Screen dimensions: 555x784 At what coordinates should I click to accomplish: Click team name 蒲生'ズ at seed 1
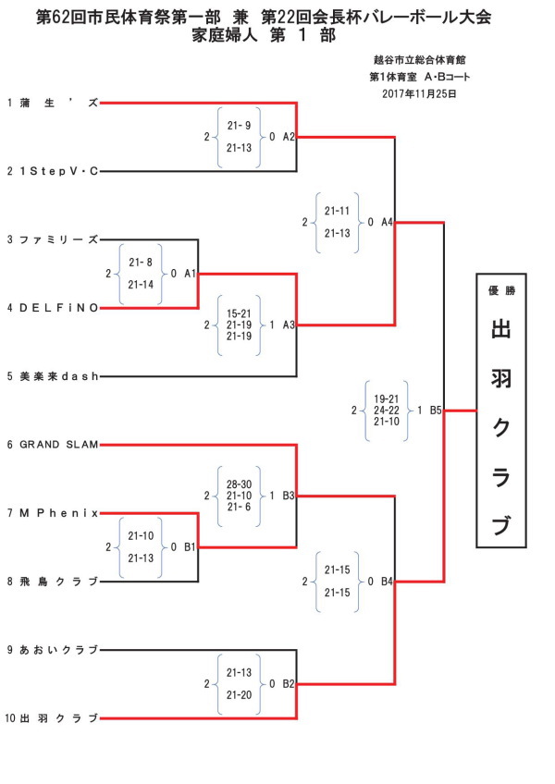[58, 103]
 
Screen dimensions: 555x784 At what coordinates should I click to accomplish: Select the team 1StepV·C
[58, 172]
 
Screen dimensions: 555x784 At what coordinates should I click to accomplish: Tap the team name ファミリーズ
[58, 240]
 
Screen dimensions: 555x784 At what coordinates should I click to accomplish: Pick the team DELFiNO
[58, 308]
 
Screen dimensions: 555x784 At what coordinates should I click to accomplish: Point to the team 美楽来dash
[58, 376]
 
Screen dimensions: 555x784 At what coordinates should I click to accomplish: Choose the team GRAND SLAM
[58, 445]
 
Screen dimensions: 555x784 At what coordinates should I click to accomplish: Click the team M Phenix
[58, 513]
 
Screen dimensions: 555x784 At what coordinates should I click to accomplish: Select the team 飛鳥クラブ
[58, 582]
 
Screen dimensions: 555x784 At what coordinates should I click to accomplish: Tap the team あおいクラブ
[58, 650]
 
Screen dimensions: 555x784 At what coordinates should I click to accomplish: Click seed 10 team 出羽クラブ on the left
[58, 718]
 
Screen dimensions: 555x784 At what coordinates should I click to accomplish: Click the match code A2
[289, 137]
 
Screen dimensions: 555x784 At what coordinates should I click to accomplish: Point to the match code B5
[436, 410]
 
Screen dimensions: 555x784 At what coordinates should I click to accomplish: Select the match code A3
[289, 325]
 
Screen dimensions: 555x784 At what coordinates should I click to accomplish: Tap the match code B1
[190, 547]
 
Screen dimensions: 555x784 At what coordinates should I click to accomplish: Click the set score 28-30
[239, 484]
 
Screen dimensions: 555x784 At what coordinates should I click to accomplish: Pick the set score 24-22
[387, 410]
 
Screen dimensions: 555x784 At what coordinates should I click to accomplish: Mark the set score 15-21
[239, 313]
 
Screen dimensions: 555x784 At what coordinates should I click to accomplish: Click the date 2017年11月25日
[419, 94]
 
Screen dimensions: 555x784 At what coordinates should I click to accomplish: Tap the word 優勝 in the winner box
[501, 291]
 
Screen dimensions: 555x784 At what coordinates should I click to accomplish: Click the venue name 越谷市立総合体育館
[419, 60]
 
